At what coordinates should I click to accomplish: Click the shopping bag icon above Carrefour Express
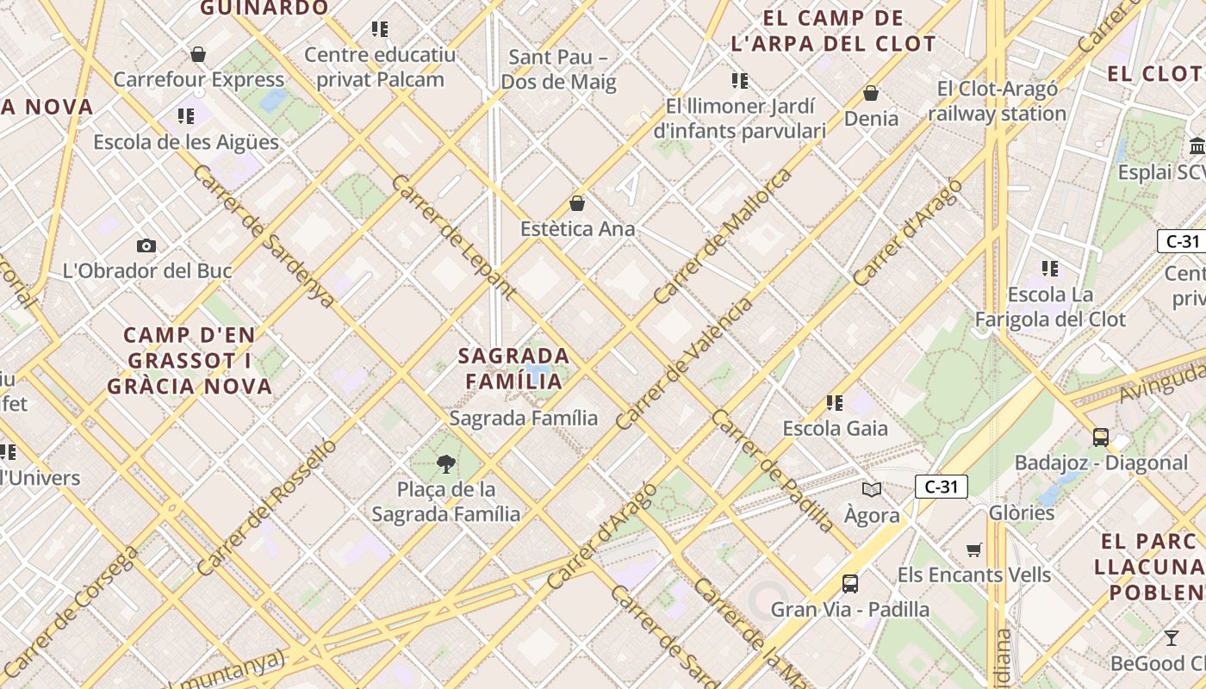click(198, 54)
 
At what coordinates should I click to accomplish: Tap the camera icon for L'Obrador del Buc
click(146, 245)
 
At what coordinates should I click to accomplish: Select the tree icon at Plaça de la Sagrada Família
click(445, 464)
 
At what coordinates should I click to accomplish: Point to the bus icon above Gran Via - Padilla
click(849, 583)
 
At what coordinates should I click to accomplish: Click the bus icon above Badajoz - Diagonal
click(1100, 437)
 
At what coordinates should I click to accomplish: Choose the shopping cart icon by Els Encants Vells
click(973, 549)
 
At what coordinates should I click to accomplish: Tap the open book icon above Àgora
click(872, 489)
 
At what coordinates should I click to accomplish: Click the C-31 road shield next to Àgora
click(941, 487)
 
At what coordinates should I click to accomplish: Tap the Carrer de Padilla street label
click(773, 470)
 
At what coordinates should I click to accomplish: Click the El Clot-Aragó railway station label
click(997, 101)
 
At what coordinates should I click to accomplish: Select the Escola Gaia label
click(835, 428)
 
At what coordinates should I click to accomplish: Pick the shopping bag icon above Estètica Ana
click(577, 204)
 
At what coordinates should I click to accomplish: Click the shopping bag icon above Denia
click(871, 93)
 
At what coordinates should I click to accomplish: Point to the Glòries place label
click(1021, 512)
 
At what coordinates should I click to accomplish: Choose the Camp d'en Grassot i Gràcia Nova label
click(190, 360)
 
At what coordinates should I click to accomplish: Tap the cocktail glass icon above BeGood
click(1171, 638)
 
